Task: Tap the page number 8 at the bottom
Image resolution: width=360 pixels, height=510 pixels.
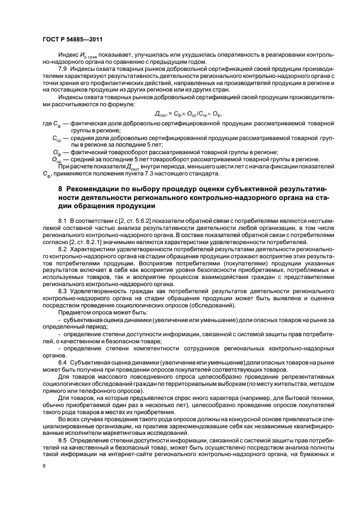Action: coord(44,466)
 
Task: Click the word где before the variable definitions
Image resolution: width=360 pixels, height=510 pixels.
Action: coord(48,124)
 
